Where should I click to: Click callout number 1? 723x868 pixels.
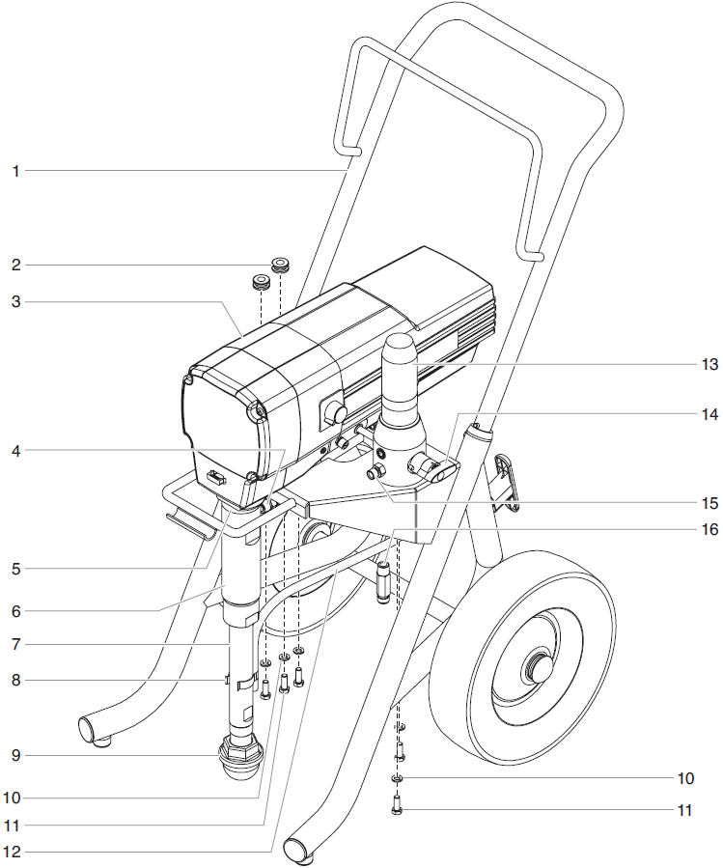15,171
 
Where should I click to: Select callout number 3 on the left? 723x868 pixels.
15,302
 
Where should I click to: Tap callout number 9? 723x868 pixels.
15,754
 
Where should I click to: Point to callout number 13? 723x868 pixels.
709,365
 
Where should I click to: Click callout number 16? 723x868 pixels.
709,530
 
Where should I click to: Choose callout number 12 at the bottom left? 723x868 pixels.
15,853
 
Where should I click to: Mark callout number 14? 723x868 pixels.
709,414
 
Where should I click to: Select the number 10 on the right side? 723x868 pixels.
684,778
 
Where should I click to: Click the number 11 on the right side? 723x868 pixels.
684,810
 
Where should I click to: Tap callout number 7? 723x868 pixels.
15,644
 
